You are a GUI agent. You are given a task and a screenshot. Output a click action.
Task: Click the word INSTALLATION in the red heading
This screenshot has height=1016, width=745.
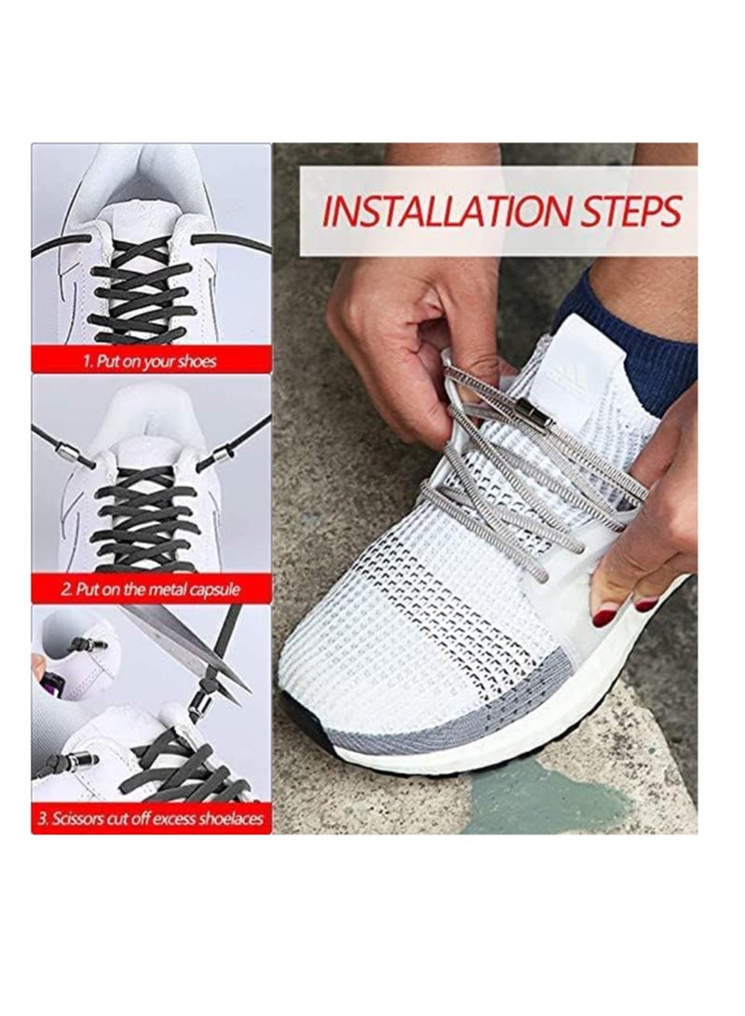(436, 211)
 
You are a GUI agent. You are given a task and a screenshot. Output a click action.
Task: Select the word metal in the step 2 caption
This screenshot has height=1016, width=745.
(169, 589)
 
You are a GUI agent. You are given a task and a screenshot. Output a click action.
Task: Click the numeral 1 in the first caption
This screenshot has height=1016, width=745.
(87, 360)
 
